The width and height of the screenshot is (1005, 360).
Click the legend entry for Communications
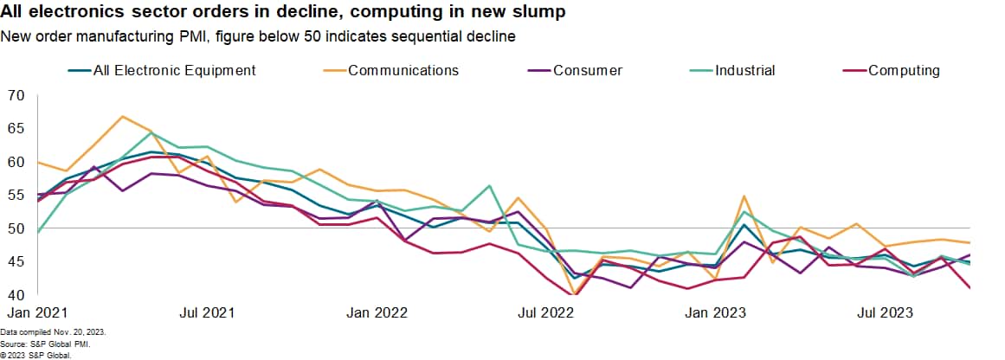click(x=403, y=70)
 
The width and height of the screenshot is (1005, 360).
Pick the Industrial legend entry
click(x=744, y=70)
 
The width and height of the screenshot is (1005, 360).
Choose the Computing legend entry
click(x=903, y=70)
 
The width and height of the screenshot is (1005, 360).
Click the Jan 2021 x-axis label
click(x=38, y=312)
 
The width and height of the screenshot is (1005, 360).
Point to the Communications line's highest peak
click(x=123, y=116)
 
